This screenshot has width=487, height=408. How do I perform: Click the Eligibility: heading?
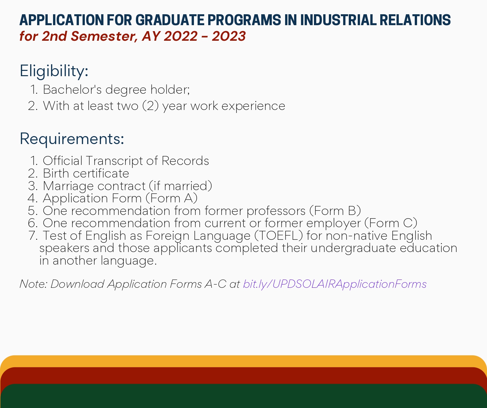pos(54,71)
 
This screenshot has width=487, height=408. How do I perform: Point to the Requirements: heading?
pos(72,139)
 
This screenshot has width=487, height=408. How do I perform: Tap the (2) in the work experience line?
pos(151,106)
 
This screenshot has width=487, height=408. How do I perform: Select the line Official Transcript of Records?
pos(126,161)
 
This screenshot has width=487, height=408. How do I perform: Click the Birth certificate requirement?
pos(86,174)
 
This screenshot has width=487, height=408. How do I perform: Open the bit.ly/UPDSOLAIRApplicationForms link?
pos(335,284)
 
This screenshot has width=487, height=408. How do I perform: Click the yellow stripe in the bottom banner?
pos(243,361)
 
